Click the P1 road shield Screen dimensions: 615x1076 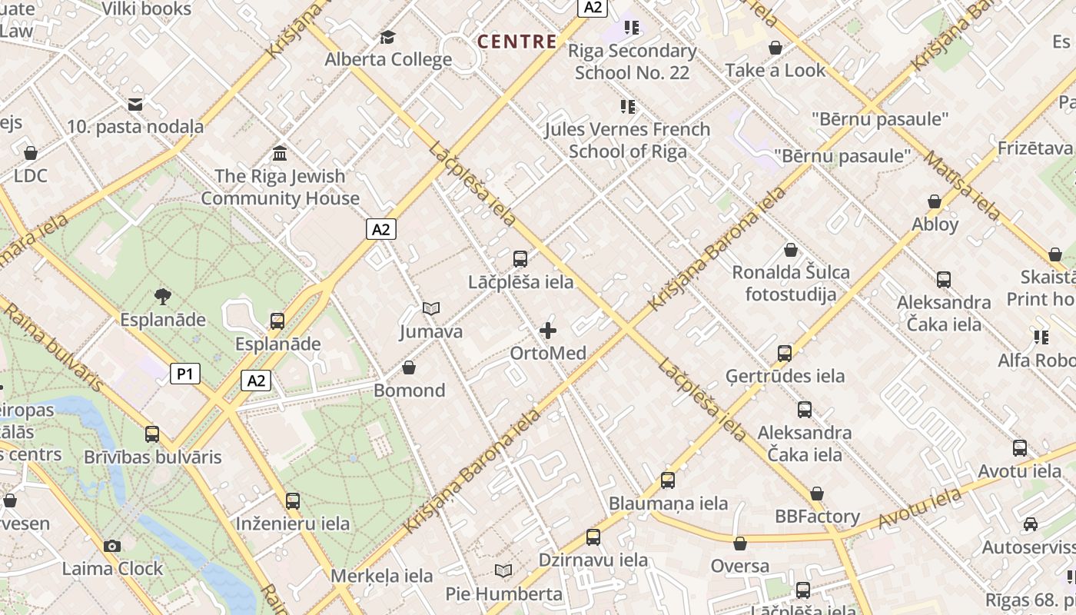[184, 374]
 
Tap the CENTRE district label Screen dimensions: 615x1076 [517, 42]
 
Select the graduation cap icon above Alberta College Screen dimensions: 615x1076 [388, 38]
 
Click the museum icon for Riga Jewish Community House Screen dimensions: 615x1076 [280, 154]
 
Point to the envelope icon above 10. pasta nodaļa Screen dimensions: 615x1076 [135, 105]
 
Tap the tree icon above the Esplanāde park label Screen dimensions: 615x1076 [162, 297]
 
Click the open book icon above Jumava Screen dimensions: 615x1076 [431, 309]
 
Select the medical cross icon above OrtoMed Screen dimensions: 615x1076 [548, 331]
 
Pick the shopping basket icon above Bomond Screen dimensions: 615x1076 [409, 367]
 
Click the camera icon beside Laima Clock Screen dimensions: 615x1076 [112, 546]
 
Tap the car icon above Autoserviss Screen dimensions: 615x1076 [1030, 524]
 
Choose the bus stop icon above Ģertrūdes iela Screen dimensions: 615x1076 [784, 354]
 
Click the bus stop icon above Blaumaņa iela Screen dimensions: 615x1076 [667, 480]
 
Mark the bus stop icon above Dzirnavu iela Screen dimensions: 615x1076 [593, 537]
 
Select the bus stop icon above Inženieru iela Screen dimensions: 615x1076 [292, 501]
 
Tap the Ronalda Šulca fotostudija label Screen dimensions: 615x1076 [791, 283]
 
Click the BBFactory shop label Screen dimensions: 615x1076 [817, 516]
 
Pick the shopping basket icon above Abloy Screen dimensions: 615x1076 [935, 202]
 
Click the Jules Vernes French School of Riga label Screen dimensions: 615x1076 [627, 140]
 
